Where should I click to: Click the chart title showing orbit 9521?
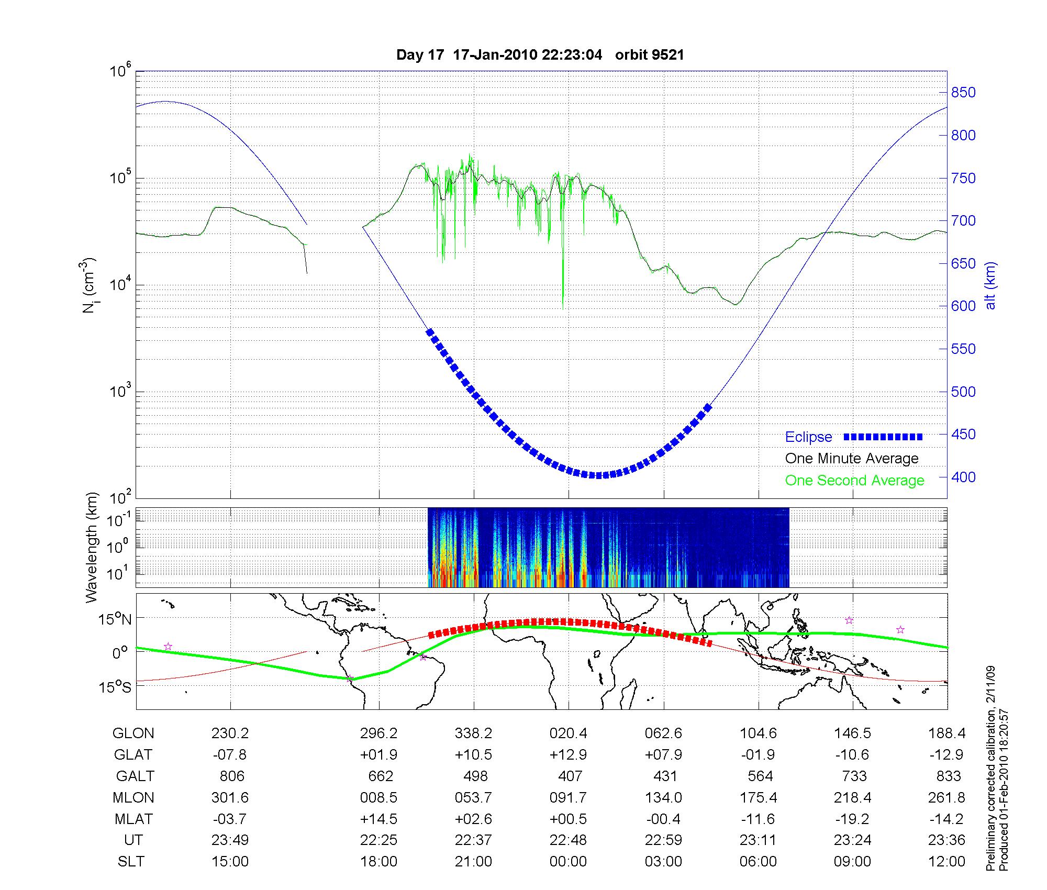coord(540,55)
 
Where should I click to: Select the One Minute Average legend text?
coord(852,459)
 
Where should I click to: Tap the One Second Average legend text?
coord(854,481)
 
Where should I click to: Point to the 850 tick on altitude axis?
coord(963,93)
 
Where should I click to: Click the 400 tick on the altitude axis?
coord(963,477)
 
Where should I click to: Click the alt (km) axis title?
coord(990,285)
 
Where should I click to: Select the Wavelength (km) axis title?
coord(92,547)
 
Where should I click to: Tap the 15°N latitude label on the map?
coord(115,620)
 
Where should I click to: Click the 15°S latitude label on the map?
coord(115,687)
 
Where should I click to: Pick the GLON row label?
coord(133,733)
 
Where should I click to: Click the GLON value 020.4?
coord(568,733)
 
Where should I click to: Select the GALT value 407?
coord(570,776)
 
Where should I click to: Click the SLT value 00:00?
coord(568,861)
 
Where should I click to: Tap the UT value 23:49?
coord(230,840)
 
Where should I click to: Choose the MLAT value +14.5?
coord(378,819)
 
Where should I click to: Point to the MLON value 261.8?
coord(946,797)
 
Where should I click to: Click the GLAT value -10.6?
coord(852,755)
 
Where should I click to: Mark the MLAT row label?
coord(133,819)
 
